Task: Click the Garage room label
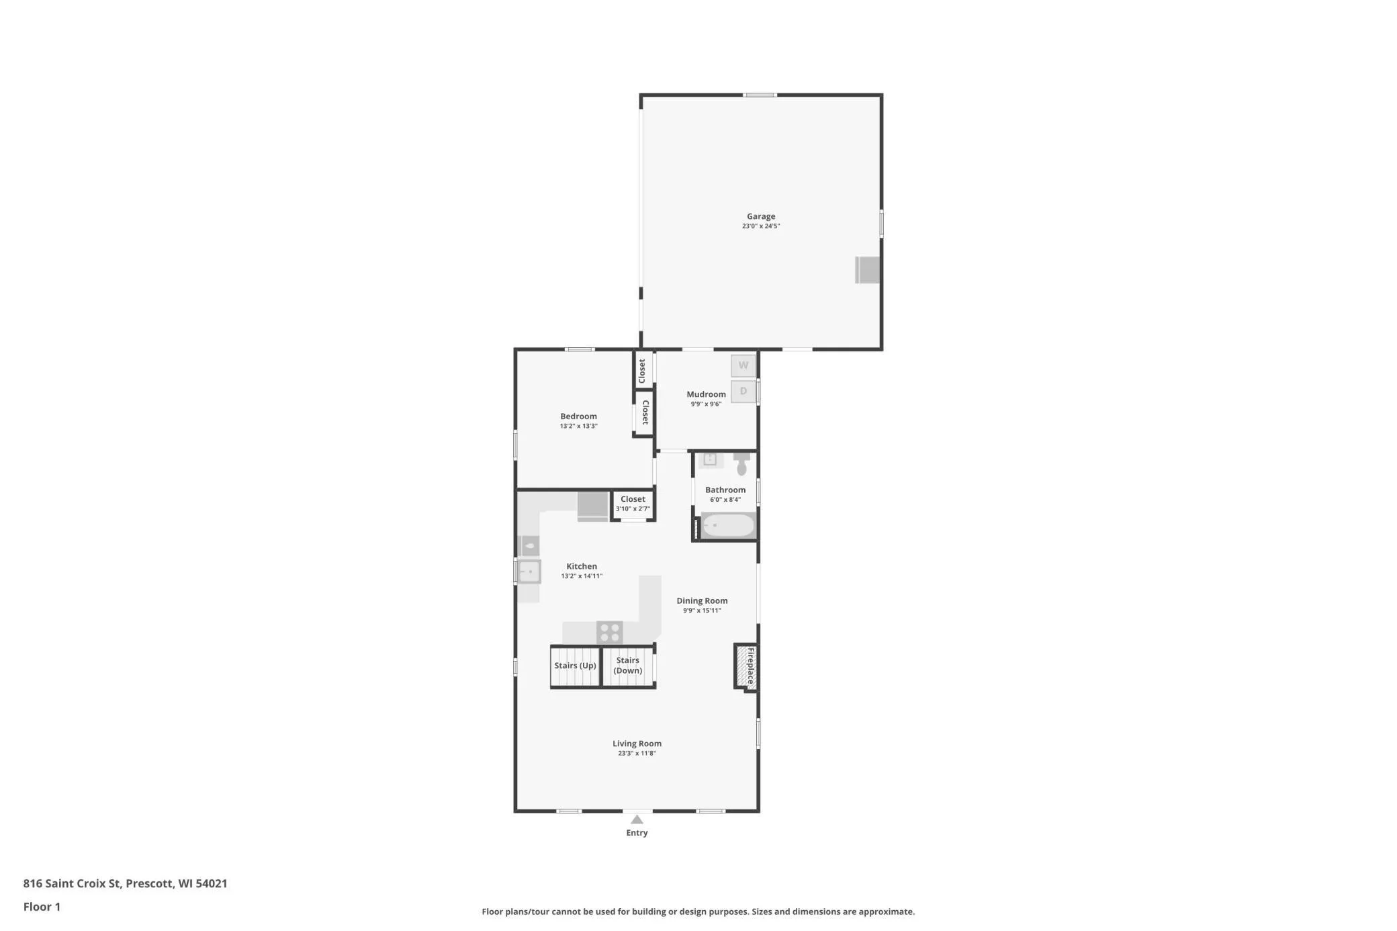point(761,216)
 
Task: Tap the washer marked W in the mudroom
point(743,365)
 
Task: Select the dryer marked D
point(743,391)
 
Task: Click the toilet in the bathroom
point(741,463)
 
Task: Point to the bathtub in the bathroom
point(729,525)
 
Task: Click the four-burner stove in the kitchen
point(610,633)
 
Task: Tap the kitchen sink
point(529,572)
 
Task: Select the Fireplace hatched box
point(746,666)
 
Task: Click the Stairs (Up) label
point(575,666)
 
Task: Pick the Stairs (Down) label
point(628,665)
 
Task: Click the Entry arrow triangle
point(637,819)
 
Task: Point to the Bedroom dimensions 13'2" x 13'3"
point(579,426)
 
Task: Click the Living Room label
point(637,744)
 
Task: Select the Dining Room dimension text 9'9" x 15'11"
point(702,611)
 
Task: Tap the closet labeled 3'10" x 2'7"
point(633,504)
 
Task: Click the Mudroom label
point(706,394)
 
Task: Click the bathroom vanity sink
point(710,459)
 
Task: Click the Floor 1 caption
point(42,907)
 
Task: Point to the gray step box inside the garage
point(868,270)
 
